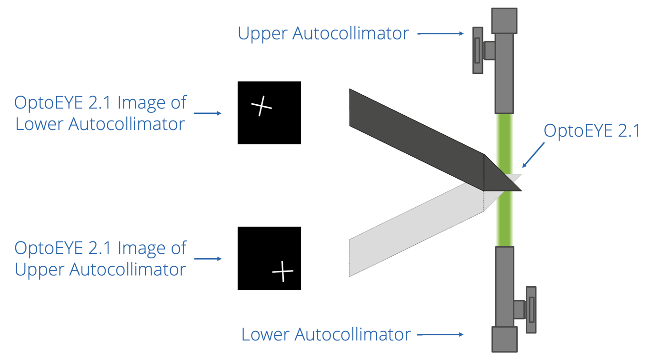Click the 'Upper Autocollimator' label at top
tap(323, 33)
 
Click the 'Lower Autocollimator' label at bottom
tap(326, 334)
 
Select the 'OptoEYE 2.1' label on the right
tap(592, 130)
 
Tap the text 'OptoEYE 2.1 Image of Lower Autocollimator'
tap(100, 113)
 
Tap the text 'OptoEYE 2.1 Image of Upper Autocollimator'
tap(100, 259)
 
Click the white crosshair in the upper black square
tap(261, 106)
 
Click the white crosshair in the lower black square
tap(283, 271)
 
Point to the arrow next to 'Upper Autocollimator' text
tap(441, 33)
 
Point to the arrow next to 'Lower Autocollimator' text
tap(441, 334)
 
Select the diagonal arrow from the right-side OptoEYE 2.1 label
tap(533, 155)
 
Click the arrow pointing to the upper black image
tap(208, 113)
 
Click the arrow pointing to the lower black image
tap(208, 259)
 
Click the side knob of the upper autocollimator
tap(478, 50)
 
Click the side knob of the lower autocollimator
tap(531, 310)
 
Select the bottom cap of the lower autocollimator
tap(504, 339)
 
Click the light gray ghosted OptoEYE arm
tap(410, 233)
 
